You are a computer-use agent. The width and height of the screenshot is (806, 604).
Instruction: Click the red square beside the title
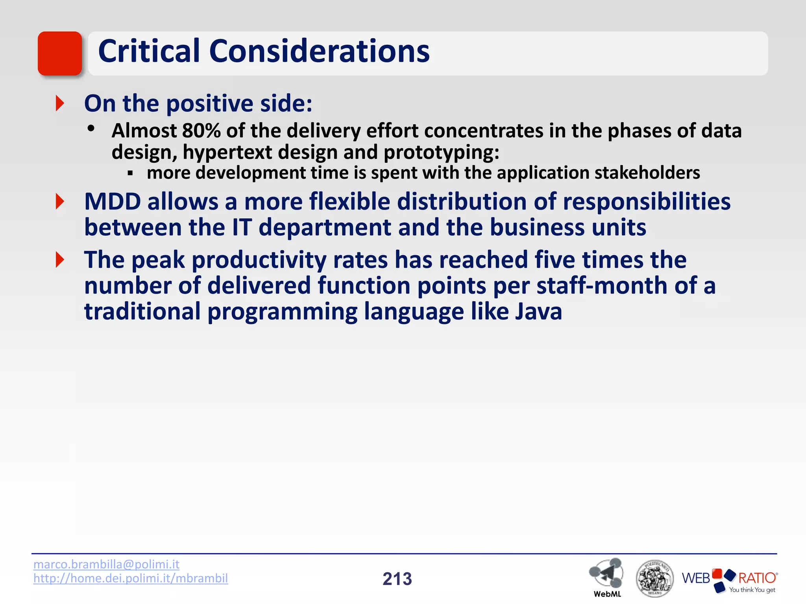tap(60, 53)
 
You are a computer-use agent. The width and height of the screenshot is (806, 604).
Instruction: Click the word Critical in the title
tap(149, 51)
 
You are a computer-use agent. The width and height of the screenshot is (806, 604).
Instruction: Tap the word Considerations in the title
tap(319, 51)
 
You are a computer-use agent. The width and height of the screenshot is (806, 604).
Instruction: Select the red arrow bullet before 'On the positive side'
tap(60, 103)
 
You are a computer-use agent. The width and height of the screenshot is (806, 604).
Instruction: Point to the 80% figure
tap(201, 131)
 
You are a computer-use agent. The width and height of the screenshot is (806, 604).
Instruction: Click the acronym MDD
tap(113, 202)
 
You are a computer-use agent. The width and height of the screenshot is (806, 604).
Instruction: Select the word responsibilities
tap(647, 202)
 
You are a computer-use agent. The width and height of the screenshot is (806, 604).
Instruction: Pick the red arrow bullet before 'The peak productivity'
tap(60, 260)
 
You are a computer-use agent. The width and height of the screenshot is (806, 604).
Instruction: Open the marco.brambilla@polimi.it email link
tap(106, 564)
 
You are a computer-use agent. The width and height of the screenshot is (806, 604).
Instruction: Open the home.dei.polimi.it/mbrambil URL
tap(130, 578)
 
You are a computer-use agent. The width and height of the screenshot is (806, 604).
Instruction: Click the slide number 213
tap(397, 579)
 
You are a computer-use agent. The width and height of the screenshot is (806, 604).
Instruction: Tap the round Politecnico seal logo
tap(654, 578)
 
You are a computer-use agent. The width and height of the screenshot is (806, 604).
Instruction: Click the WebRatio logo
tap(729, 579)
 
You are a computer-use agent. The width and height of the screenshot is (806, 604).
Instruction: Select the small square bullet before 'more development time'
tap(130, 173)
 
